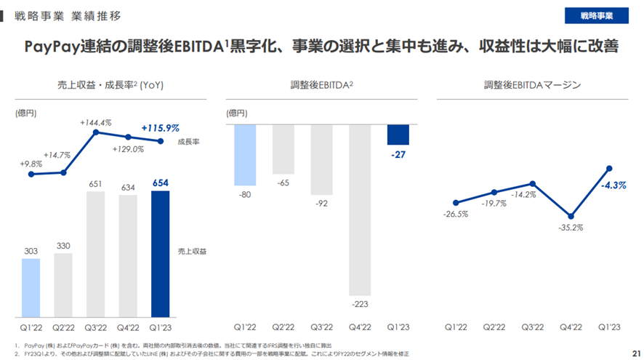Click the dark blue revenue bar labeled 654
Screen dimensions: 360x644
tap(160, 255)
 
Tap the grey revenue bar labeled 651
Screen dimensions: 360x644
tap(95, 255)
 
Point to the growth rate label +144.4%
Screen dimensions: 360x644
tap(95, 123)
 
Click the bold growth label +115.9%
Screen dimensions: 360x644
tap(160, 128)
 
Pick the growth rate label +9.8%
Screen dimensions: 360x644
tap(31, 164)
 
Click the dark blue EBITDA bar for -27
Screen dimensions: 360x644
tap(398, 135)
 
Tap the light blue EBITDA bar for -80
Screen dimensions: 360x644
tap(246, 155)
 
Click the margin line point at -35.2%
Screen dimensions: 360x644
tap(571, 216)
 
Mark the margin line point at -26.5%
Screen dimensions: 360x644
tap(456, 203)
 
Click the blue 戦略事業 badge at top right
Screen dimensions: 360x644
tap(596, 15)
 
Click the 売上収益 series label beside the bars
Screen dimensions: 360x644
tap(192, 251)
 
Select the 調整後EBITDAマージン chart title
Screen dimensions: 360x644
tap(532, 85)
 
